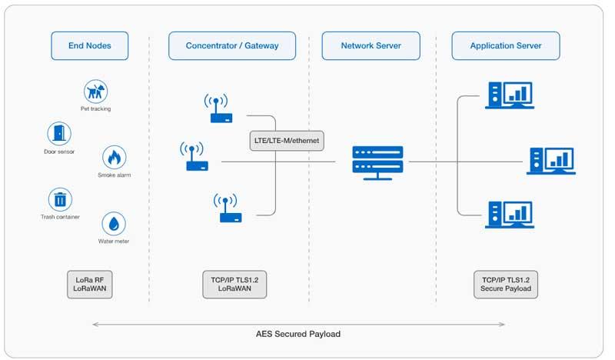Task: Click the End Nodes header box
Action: (x=90, y=45)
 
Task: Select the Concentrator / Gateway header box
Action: (x=232, y=45)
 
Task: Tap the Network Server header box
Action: (x=372, y=45)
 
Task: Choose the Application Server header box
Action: (x=505, y=45)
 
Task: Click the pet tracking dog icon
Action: (x=95, y=92)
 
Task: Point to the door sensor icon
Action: (x=59, y=134)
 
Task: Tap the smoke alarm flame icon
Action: (x=114, y=158)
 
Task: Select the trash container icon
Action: (x=60, y=200)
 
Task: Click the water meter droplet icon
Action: (x=114, y=224)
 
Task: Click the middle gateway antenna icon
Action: (x=194, y=156)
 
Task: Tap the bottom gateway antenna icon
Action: (x=228, y=208)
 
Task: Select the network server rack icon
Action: (x=377, y=162)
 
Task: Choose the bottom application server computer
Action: (x=509, y=214)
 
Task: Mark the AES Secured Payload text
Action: (x=298, y=335)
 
